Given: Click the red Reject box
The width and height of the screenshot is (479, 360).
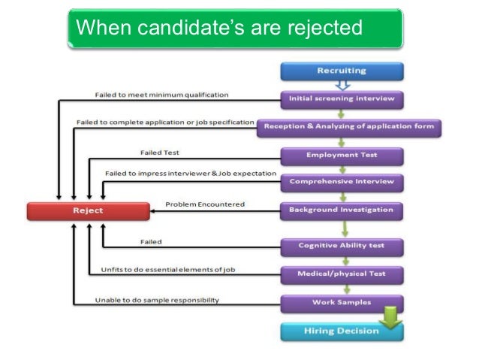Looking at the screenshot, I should [x=88, y=210].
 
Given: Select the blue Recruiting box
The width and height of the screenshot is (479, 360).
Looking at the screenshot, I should [x=342, y=71].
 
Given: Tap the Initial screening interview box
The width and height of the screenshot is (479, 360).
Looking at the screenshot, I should [x=342, y=98].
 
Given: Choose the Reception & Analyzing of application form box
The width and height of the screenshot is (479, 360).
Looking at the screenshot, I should [x=348, y=127].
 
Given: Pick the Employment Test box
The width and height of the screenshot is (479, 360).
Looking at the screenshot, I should [x=342, y=155].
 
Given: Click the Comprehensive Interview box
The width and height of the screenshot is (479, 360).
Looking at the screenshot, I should [x=342, y=181].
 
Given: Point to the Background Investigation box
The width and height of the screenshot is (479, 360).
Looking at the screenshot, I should [x=342, y=210].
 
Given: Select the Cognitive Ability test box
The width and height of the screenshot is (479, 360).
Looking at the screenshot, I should [x=342, y=245].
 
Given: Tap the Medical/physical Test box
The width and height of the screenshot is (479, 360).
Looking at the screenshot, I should [x=342, y=274].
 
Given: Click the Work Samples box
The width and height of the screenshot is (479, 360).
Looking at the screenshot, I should [x=342, y=302].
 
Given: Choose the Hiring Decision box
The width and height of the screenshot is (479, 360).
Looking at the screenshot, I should [x=342, y=331].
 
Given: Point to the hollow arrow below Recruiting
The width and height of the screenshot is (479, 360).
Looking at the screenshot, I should [x=342, y=86].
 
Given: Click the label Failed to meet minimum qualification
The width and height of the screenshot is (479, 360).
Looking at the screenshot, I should [x=161, y=95].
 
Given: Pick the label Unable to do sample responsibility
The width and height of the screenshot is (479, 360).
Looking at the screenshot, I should [x=157, y=300].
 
